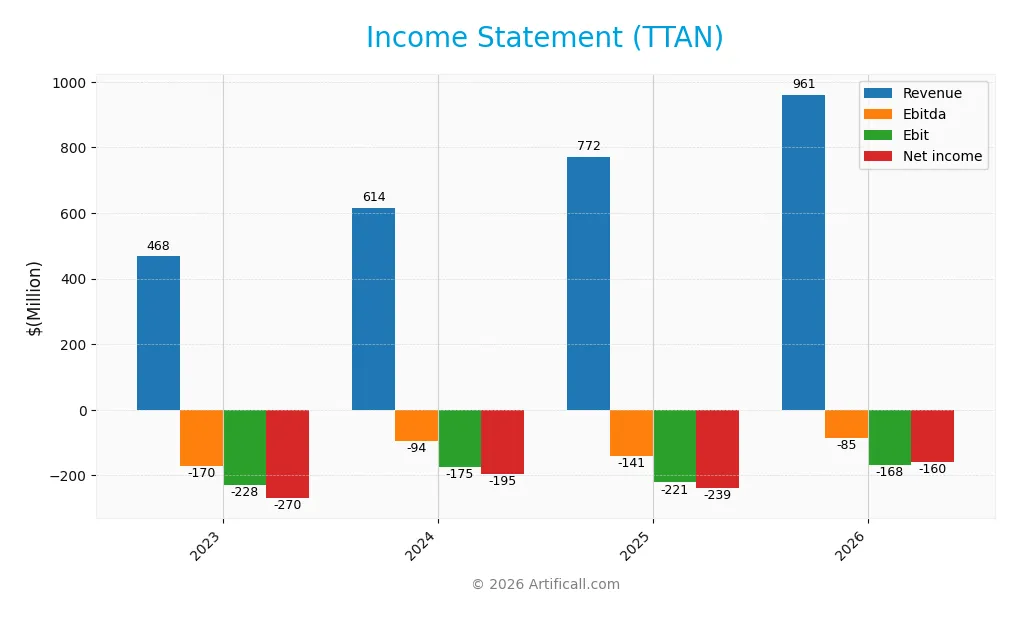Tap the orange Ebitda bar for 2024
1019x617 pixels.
416,425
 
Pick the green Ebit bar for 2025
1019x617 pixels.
674,446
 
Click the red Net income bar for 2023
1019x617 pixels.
287,454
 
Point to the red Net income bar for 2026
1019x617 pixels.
932,436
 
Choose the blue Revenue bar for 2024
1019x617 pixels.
373,309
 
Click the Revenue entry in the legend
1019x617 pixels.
931,93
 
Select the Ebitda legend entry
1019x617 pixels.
923,114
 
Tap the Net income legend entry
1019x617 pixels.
941,156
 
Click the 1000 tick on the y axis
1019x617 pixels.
71,82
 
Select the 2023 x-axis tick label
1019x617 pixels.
206,546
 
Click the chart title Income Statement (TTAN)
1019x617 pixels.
544,38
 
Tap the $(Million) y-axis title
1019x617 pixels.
35,297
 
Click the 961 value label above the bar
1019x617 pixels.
804,84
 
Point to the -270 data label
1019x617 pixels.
287,505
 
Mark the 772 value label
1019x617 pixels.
589,146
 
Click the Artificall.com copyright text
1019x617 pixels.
545,584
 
